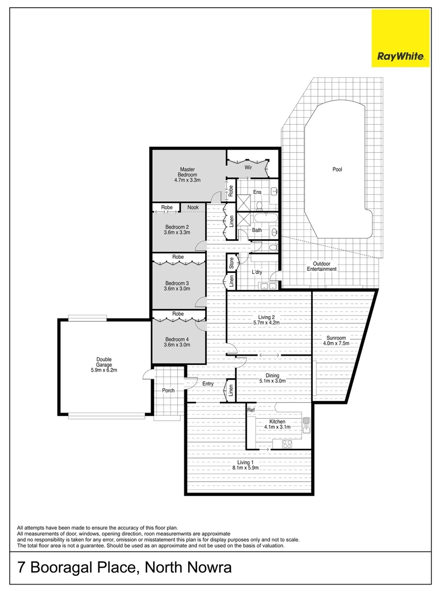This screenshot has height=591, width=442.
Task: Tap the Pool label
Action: (337, 170)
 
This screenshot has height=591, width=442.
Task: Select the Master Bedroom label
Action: (188, 172)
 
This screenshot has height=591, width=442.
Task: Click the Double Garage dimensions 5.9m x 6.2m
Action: (104, 370)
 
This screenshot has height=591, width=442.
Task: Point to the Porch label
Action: (168, 391)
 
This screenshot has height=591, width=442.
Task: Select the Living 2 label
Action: (269, 317)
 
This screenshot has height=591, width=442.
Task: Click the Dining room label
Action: (272, 375)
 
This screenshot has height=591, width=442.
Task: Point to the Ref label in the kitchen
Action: (251, 410)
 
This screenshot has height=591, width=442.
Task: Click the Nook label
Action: (193, 207)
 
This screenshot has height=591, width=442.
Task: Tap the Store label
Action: (231, 262)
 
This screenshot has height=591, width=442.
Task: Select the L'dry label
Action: (257, 272)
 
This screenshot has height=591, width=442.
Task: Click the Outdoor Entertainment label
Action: (322, 266)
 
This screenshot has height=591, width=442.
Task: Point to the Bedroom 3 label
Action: (177, 283)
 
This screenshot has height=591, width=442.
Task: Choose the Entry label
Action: (208, 384)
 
